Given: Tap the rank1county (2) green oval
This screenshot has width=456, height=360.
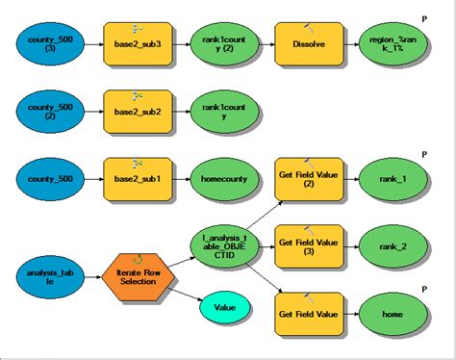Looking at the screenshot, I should coord(223,45).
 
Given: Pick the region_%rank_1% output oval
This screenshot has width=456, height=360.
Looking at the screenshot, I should coord(393,45).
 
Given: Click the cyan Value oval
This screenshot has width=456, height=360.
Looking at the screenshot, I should coord(223,309).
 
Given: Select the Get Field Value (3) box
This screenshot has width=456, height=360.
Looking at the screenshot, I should coord(309,245).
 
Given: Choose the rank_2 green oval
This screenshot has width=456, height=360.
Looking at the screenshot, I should coord(393,245).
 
